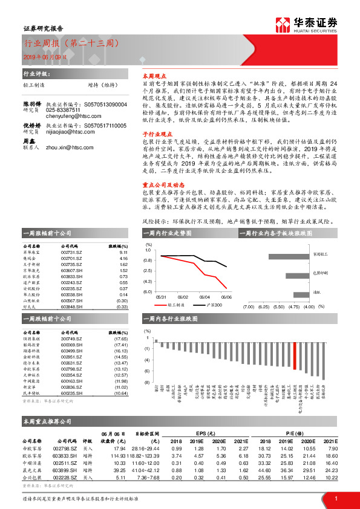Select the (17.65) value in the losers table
[x=121, y=339]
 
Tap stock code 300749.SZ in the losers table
[x=71, y=339]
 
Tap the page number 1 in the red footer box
[x=335, y=498]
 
